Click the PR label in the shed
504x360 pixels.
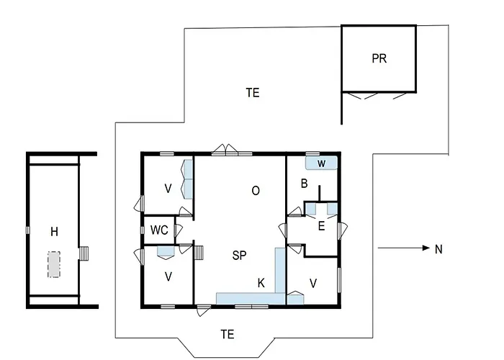tap(379, 58)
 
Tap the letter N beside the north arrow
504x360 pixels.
tap(438, 249)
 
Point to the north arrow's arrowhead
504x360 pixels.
tap(426, 248)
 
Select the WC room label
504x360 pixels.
tap(159, 230)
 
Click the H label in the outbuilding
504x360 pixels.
tap(54, 231)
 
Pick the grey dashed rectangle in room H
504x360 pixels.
tap(54, 264)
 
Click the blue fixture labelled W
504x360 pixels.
tap(321, 163)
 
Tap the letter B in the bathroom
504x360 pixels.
tap(304, 184)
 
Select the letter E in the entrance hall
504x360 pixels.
tap(321, 226)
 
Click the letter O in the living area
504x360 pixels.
tap(256, 191)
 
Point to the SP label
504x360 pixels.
tap(239, 256)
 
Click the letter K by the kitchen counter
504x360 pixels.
tap(261, 283)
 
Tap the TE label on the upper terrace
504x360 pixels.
tap(253, 93)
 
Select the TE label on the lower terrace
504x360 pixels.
tap(228, 334)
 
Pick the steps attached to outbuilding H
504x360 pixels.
tap(84, 253)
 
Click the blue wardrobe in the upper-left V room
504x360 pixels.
tap(187, 179)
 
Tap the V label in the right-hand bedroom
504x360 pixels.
tap(313, 283)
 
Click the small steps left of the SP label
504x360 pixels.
tap(199, 253)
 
